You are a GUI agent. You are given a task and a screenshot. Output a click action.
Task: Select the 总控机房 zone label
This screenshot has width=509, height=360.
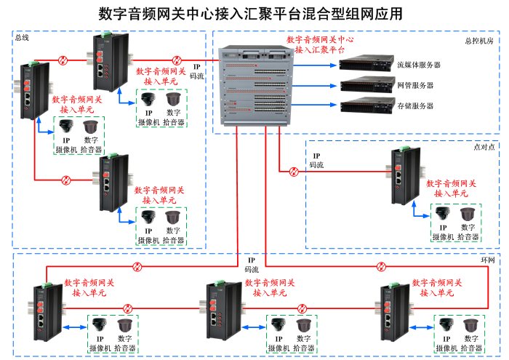click(x=478, y=41)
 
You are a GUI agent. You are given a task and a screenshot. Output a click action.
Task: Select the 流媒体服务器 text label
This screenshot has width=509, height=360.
click(x=419, y=65)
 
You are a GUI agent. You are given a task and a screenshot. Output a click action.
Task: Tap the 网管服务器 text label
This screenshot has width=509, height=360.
click(x=415, y=85)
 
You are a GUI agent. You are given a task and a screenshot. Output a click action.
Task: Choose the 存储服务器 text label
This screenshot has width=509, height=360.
click(x=415, y=105)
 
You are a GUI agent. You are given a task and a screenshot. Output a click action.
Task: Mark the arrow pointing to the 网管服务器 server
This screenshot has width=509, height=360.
click(x=328, y=85)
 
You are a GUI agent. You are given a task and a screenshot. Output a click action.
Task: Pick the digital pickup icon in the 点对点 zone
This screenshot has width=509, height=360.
click(x=468, y=215)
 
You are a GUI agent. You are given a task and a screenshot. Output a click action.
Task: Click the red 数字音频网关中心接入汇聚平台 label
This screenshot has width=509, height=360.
click(x=320, y=45)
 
